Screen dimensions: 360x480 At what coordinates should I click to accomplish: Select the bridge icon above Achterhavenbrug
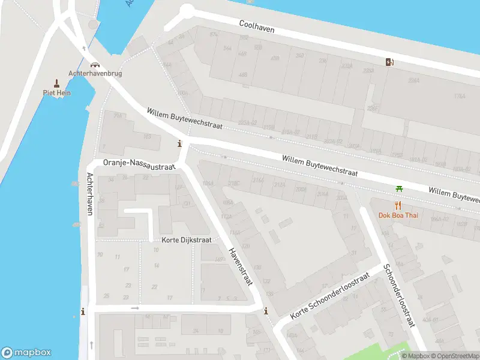pos(94,64)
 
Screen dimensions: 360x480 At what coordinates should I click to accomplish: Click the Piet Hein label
pos(57,92)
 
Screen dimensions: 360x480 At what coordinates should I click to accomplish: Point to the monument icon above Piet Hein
pos(57,83)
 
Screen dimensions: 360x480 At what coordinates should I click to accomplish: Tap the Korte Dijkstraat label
pos(187,240)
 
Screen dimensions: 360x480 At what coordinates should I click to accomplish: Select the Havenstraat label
pos(241,266)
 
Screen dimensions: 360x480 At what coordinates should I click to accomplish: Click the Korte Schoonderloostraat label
pos(329,296)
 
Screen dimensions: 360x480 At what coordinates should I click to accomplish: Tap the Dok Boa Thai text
pos(398,215)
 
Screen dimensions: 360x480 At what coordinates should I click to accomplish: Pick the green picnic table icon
pos(399,189)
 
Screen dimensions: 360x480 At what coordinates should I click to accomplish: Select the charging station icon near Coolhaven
pos(389,61)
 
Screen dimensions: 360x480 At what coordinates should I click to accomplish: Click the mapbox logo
pos(26,353)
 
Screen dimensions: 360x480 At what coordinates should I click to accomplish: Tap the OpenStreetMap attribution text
pos(456,356)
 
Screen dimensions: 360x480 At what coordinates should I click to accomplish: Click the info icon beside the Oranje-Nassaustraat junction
pos(179,144)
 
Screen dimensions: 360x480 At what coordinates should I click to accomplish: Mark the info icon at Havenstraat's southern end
pos(266,311)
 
